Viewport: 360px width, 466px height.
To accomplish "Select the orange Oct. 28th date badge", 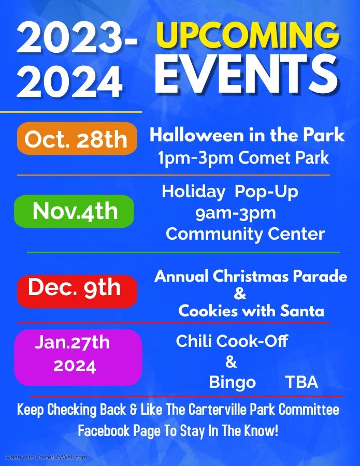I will pyautogui.click(x=77, y=139).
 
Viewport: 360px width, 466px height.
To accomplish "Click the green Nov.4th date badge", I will pyautogui.click(x=74, y=211).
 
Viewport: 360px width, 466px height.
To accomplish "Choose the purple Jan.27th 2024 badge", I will pyautogui.click(x=77, y=357).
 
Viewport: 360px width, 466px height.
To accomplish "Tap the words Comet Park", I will pyautogui.click(x=283, y=157).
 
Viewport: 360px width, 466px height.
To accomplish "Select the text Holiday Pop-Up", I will pyautogui.click(x=230, y=192).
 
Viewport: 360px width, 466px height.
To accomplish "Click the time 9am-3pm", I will pyautogui.click(x=236, y=213).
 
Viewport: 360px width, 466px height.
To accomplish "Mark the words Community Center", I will pyautogui.click(x=245, y=234).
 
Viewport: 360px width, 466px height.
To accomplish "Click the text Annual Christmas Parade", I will pyautogui.click(x=251, y=276).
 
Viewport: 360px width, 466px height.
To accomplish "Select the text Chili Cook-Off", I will pyautogui.click(x=232, y=341).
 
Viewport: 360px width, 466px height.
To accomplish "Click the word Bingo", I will pyautogui.click(x=232, y=383).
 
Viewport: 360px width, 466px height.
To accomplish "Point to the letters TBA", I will pyautogui.click(x=301, y=383).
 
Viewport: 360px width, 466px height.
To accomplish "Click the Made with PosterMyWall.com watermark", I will pyautogui.click(x=46, y=457).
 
